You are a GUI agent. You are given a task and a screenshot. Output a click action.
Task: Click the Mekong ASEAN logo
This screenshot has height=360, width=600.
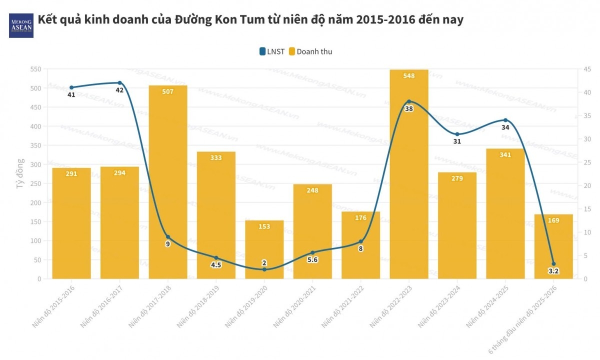point(21,25)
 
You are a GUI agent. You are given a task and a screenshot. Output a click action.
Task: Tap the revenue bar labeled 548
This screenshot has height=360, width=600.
point(409,175)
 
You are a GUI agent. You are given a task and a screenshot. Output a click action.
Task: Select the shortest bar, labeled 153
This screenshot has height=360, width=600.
point(264,250)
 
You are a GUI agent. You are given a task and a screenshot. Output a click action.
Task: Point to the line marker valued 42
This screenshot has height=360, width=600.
point(119,83)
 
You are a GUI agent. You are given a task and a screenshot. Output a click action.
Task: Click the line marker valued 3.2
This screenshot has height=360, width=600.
point(553,264)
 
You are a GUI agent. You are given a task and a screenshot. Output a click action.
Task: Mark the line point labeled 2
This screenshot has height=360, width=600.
point(264,269)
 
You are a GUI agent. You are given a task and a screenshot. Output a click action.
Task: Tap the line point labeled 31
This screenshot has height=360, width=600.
point(457,134)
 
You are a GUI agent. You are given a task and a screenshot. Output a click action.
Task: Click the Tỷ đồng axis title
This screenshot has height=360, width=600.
point(20,173)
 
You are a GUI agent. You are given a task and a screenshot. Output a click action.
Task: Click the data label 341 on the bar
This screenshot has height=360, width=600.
point(505,155)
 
